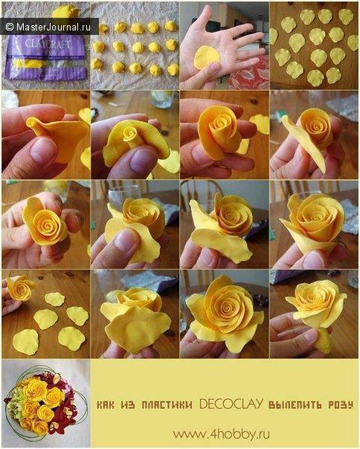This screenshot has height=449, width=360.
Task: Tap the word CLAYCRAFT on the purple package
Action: [x=48, y=44]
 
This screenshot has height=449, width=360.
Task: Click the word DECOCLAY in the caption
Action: [x=231, y=404]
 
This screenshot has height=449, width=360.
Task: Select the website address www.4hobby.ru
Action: [x=221, y=433]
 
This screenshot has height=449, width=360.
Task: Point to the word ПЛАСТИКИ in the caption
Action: [x=167, y=405]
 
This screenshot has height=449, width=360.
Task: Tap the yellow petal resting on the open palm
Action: [x=207, y=57]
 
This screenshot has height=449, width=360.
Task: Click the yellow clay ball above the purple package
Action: [x=65, y=11]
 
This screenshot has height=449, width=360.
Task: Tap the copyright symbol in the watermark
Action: [x=10, y=27]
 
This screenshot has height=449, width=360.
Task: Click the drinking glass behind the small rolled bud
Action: [x=162, y=99]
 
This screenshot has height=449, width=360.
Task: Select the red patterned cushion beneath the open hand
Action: [x=248, y=75]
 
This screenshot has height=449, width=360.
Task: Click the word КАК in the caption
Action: [x=105, y=405]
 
